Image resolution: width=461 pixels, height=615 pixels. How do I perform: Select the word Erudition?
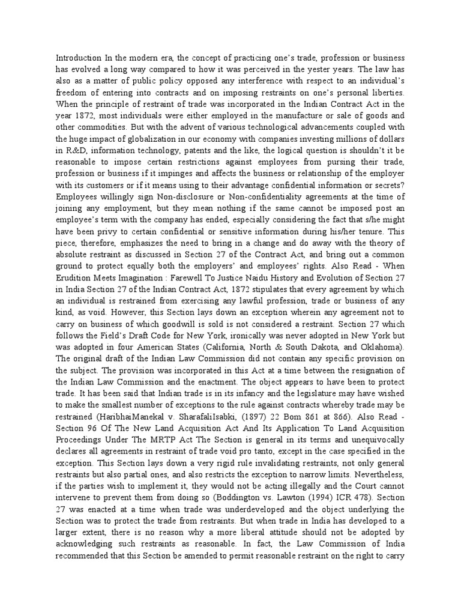point(77,276)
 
